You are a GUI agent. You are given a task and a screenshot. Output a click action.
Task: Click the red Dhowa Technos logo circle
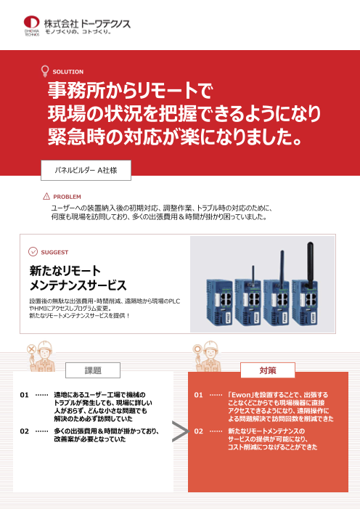tap(31, 22)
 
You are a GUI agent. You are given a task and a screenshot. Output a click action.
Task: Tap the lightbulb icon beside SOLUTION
tap(45, 71)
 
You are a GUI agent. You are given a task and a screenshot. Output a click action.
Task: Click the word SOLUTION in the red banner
tap(67, 72)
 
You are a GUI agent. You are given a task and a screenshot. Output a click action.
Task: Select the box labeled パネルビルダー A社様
tap(86, 170)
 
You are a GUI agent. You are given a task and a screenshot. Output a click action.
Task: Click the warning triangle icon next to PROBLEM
tap(46, 196)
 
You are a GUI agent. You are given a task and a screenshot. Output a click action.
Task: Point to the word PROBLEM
tap(67, 197)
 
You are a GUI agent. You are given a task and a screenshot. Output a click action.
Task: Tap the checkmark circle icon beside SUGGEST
tap(33, 251)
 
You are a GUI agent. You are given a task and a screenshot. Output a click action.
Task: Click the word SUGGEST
tap(54, 252)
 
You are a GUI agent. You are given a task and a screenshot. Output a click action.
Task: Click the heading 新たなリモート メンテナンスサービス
tap(78, 278)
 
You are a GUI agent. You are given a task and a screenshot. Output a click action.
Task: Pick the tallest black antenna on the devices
tap(311, 265)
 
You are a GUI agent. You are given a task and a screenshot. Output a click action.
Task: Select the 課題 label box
tap(93, 370)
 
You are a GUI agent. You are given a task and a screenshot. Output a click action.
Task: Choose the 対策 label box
tap(268, 370)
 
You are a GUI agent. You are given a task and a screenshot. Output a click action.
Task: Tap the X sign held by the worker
tap(31, 349)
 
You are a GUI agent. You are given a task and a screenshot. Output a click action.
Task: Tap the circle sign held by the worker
tap(197, 349)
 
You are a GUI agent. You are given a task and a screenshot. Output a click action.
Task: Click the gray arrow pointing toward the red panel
tap(181, 431)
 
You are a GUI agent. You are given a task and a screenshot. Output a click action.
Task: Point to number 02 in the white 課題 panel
tap(25, 431)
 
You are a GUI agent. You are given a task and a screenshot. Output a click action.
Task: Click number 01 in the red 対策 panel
tap(198, 395)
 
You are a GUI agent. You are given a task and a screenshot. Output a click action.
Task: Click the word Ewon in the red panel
tap(241, 395)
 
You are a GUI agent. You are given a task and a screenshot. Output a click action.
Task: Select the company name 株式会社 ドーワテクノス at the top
tap(87, 23)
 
